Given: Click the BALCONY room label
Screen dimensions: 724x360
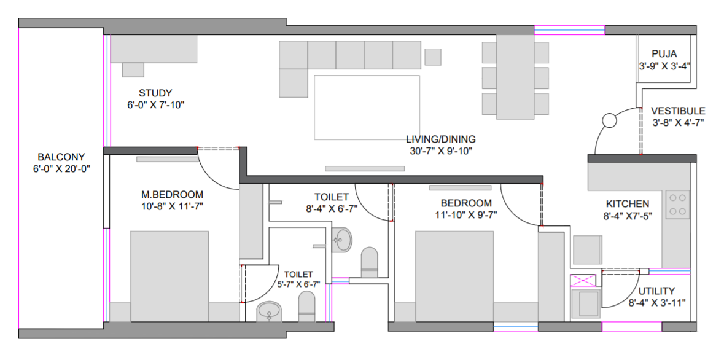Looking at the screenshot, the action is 61,157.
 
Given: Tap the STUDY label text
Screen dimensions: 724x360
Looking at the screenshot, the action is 155,92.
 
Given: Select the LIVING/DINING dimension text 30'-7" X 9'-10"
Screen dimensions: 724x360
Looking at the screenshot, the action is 441,150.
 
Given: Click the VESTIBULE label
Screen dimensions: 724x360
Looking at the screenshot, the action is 679,111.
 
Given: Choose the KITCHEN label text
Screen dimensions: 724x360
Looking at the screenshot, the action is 628,204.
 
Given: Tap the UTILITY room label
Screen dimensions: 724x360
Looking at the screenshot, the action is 657,291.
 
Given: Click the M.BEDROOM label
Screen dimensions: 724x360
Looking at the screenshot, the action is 172,195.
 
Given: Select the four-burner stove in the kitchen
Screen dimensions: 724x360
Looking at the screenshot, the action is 677,204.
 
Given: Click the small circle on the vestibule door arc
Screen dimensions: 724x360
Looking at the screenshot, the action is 610,121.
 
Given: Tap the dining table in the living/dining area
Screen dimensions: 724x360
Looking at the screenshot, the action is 515,77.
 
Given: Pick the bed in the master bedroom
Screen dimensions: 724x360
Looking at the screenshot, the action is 169,276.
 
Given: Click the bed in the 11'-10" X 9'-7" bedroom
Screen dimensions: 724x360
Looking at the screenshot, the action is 454,276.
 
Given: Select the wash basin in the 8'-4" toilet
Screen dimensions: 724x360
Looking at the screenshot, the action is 341,240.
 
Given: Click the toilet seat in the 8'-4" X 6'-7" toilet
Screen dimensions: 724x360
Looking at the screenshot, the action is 369,262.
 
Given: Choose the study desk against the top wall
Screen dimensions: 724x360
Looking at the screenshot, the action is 154,49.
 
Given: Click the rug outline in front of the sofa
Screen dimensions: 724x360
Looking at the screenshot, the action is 367,108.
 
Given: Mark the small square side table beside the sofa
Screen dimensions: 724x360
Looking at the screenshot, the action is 433,57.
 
